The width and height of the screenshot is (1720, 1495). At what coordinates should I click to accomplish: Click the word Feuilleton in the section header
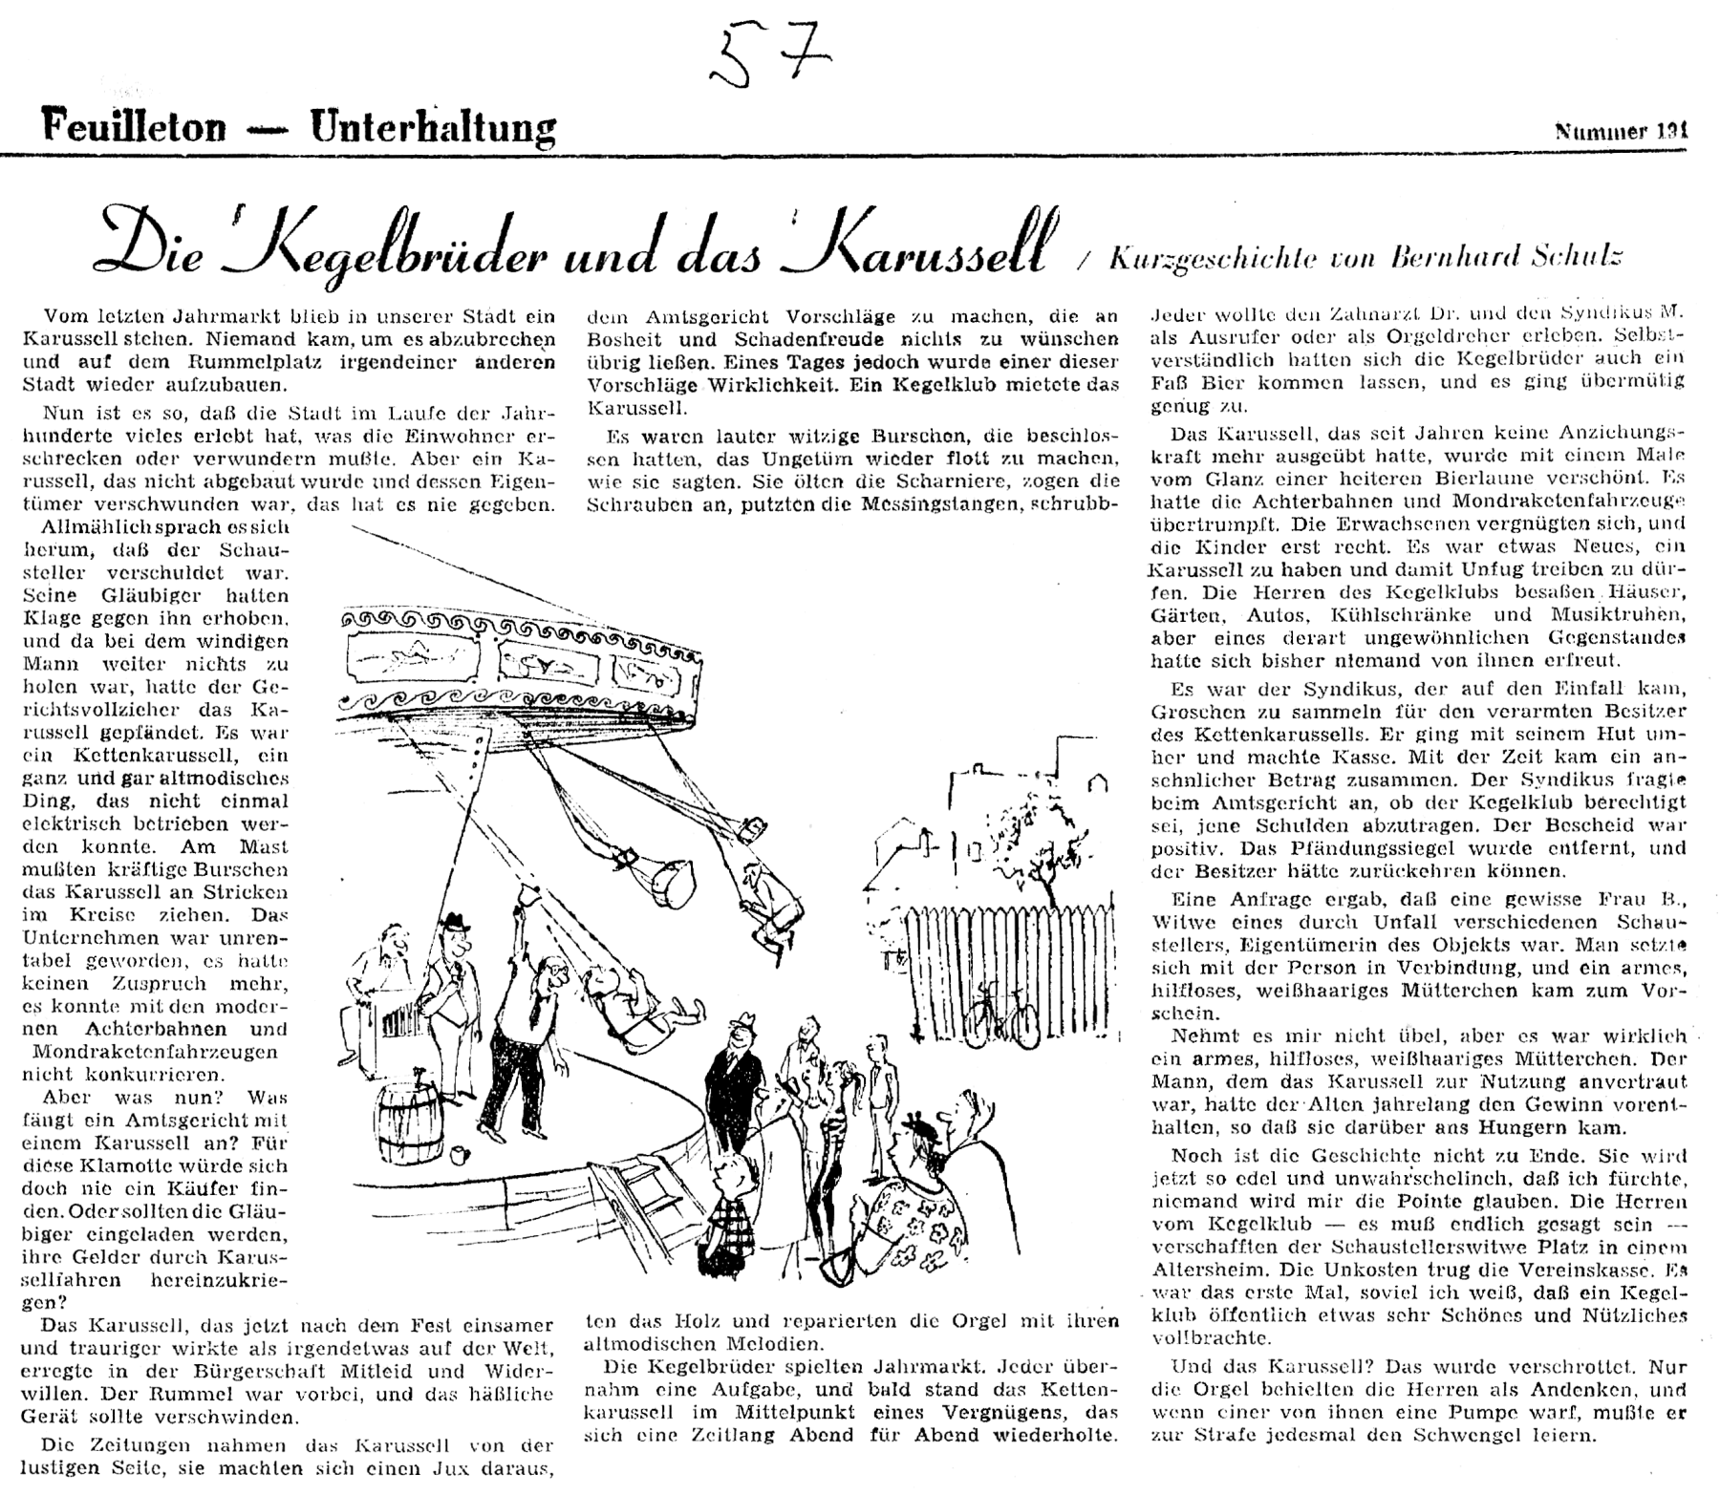[135, 125]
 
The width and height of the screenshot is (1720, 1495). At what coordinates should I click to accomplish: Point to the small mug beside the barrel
[463, 1155]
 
